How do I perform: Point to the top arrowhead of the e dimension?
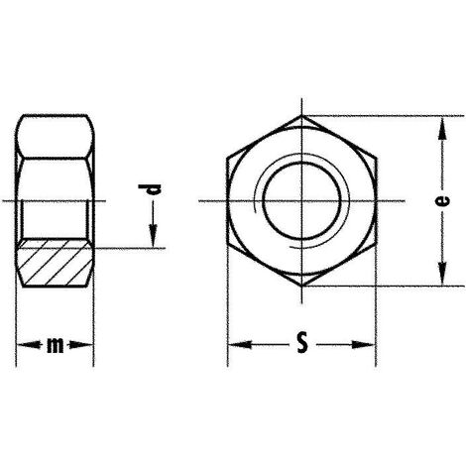(439, 122)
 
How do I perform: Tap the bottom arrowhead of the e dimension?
(439, 281)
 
